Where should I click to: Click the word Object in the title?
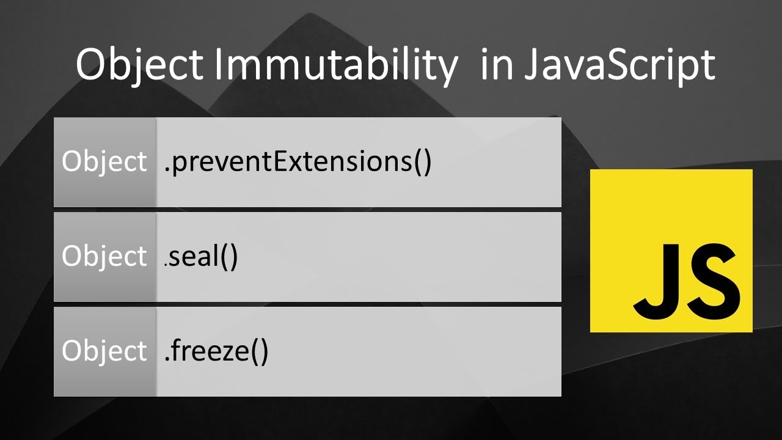(139, 64)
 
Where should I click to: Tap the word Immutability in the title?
(334, 64)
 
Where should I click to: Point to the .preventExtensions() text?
(298, 162)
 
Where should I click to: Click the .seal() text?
(202, 257)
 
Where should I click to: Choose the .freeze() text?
(216, 351)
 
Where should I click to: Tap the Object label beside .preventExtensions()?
(104, 162)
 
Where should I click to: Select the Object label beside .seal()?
(104, 257)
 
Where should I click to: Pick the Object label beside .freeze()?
(104, 351)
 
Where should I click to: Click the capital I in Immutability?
(217, 64)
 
